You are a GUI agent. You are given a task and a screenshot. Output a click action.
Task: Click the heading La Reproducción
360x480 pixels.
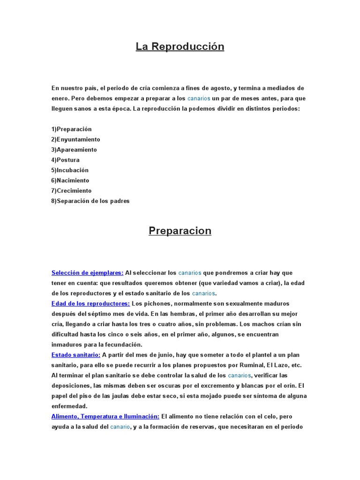pos(180,46)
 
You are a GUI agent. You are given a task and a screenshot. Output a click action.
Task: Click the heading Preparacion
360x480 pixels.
pos(180,231)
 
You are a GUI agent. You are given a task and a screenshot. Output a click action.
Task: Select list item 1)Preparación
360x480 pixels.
pos(72,129)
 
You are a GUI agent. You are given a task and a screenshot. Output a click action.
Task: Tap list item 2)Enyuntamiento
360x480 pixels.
pos(76,139)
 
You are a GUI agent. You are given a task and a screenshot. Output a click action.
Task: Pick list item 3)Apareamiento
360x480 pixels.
pos(74,150)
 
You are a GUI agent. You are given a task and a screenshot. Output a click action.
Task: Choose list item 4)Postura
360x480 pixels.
pos(66,160)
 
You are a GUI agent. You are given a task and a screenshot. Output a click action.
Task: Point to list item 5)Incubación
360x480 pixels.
pos(70,170)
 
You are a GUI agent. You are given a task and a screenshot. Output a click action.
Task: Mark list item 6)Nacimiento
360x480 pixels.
pos(70,180)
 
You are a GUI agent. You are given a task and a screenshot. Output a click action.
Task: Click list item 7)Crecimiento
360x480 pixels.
pos(72,191)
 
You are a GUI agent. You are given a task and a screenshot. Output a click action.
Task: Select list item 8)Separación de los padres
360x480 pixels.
pos(90,201)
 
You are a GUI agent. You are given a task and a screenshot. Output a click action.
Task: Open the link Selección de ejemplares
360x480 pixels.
pos(87,273)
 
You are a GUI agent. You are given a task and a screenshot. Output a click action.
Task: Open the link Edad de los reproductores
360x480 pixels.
pos(90,303)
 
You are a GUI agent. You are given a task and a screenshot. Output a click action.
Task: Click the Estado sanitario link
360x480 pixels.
pos(75,355)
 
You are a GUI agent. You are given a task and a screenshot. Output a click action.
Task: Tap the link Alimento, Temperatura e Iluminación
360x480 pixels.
pos(105,416)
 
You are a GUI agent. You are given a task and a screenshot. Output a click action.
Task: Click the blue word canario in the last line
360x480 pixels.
pos(120,427)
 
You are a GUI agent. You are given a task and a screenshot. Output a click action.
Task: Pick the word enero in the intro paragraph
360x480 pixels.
pos(60,98)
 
